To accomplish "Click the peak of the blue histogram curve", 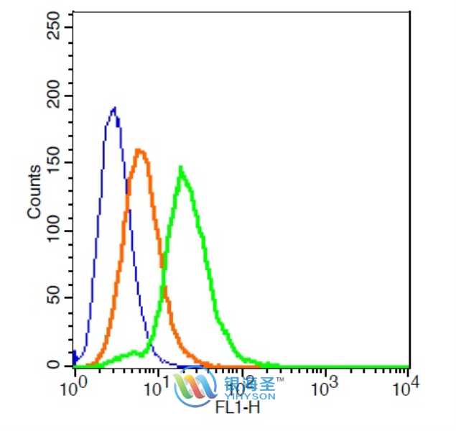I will click(113, 109).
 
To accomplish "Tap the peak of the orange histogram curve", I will click(139, 151).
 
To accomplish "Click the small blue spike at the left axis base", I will click(75, 354).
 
